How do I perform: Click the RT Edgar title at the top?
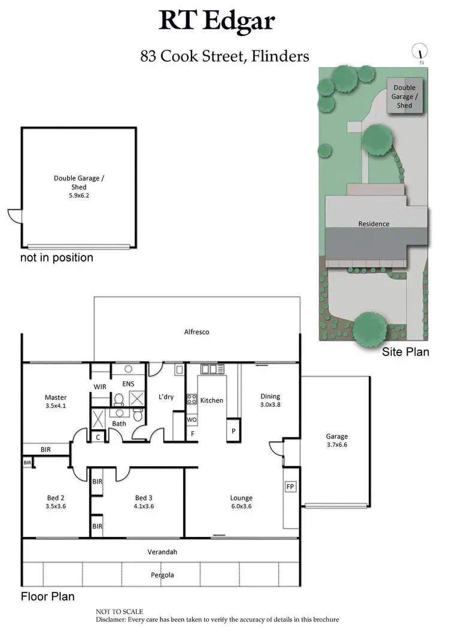[217, 22]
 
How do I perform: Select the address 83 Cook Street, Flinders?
[224, 57]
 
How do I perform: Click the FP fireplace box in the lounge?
[290, 487]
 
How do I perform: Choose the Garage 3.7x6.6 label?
[336, 440]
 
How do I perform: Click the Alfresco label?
[196, 332]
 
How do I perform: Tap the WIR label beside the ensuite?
[100, 387]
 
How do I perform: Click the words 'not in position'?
[57, 258]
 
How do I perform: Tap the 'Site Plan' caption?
[405, 352]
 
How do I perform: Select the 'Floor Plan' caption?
[48, 597]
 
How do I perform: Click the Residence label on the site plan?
[374, 224]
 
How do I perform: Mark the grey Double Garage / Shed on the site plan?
[404, 96]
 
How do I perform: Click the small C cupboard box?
[98, 437]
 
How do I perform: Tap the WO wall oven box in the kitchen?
[192, 420]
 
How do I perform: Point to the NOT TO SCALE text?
[120, 612]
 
